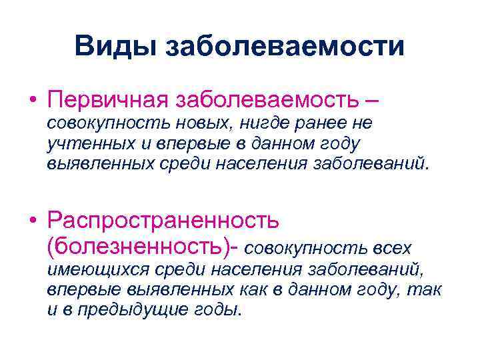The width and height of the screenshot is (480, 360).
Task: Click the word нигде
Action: (x=260, y=123)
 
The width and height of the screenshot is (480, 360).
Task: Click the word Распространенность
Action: (x=163, y=219)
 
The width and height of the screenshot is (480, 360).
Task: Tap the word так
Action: (x=427, y=289)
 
